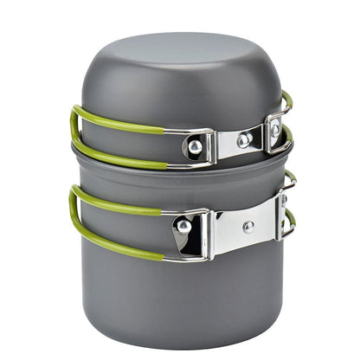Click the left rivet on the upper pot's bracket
pyautogui.click(x=196, y=147)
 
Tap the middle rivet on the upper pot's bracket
pyautogui.click(x=245, y=138)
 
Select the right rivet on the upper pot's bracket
pyautogui.click(x=275, y=130)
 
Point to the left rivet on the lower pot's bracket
pyautogui.click(x=183, y=226)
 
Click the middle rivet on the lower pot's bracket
pyautogui.click(x=248, y=227)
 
